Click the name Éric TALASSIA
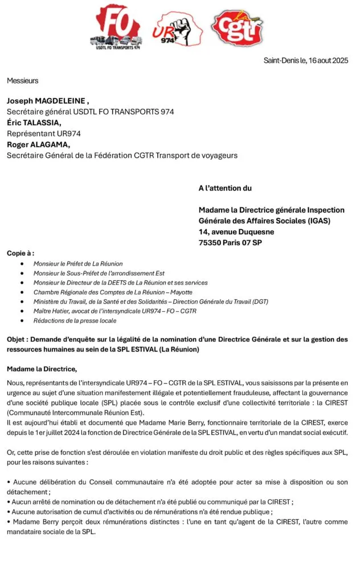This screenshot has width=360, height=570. click(x=33, y=123)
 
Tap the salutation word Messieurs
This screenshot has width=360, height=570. click(x=23, y=81)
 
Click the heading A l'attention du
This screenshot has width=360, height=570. click(x=225, y=188)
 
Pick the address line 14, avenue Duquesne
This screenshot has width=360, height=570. click(x=236, y=232)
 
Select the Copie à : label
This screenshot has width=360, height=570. click(x=21, y=253)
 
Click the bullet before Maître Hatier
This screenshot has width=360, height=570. click(x=22, y=311)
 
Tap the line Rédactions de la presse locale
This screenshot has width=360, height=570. click(x=75, y=321)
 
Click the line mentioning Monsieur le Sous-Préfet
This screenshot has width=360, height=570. click(x=99, y=274)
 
